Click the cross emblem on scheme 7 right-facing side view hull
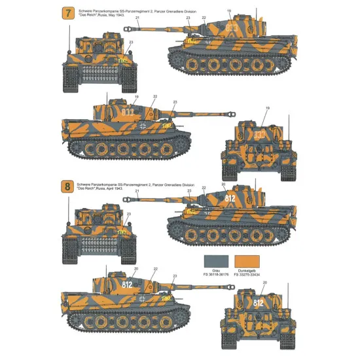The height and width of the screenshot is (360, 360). pyautogui.click(x=132, y=125)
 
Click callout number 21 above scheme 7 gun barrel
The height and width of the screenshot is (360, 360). pyautogui.click(x=138, y=18)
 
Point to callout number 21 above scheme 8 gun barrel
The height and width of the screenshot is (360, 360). pyautogui.click(x=137, y=192)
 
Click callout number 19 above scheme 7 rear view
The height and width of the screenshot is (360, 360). pyautogui.click(x=267, y=108)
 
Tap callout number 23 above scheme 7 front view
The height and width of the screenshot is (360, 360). pyautogui.click(x=131, y=43)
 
